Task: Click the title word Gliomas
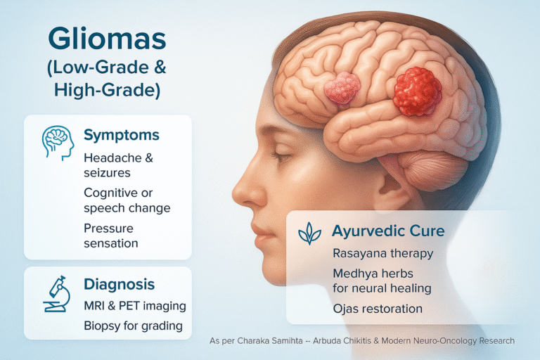(107, 39)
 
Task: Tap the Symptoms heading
(122, 136)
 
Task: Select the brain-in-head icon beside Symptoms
(58, 143)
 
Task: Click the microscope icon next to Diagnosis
(57, 294)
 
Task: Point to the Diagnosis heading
(119, 285)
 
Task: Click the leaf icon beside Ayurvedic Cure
(309, 233)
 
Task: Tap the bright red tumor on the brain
(418, 91)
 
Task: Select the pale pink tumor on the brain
(342, 88)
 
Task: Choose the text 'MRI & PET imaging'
(135, 306)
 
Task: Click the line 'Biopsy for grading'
(134, 326)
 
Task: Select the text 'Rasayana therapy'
(383, 254)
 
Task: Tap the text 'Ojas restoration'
(378, 309)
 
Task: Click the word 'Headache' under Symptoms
(113, 158)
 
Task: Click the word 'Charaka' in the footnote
(252, 341)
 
